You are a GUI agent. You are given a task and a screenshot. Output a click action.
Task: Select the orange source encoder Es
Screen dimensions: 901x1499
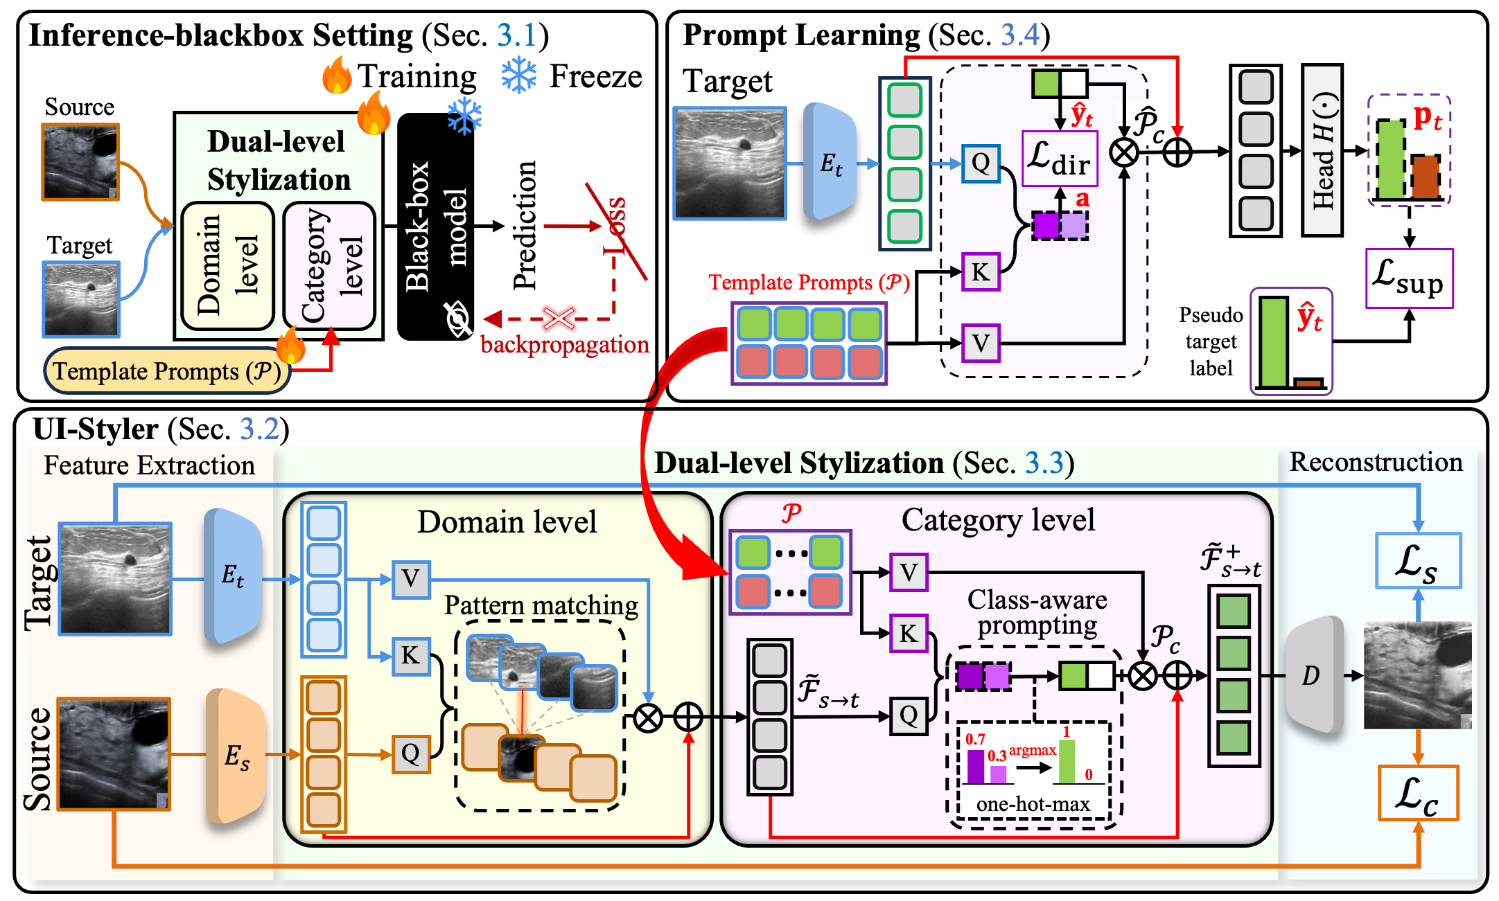coord(236,756)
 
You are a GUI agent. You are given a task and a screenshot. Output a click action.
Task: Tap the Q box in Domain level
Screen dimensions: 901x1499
coord(410,753)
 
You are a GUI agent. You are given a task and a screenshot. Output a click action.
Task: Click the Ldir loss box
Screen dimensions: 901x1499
coord(1060,159)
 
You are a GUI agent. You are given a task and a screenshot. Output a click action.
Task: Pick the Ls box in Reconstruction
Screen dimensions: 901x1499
coord(1418,561)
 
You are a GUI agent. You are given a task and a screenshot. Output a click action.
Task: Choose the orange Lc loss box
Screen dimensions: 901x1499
coord(1418,794)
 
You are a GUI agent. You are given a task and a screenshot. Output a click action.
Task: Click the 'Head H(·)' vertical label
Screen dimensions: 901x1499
coord(1322,150)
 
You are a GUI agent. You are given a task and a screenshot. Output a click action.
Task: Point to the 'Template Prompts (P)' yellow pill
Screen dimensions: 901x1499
coord(167,371)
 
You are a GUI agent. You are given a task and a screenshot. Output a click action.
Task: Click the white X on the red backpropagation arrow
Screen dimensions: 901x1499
coord(559,319)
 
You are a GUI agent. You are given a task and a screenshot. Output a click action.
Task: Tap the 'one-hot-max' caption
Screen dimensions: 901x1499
coord(1033,804)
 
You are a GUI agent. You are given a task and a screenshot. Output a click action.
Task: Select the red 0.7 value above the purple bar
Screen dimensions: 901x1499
coord(975,739)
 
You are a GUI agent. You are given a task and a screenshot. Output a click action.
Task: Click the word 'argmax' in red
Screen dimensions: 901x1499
coord(1032,750)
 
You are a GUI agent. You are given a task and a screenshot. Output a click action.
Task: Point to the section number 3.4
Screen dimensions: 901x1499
coord(1019,35)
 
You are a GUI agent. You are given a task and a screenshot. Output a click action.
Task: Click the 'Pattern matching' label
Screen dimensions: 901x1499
coord(541,605)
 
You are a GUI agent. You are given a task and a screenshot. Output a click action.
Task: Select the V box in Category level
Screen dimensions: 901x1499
coord(909,573)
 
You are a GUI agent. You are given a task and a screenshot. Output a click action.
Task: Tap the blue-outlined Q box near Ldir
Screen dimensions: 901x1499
coord(981,163)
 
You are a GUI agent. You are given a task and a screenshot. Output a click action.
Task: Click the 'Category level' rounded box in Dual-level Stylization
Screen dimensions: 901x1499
coord(329,265)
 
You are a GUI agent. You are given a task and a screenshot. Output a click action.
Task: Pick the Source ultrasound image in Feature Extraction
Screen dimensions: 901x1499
coord(114,754)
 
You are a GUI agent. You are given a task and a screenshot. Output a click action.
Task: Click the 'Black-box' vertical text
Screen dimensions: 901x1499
coord(417,226)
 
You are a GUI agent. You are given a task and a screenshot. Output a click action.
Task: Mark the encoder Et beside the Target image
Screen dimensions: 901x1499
coord(233,576)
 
